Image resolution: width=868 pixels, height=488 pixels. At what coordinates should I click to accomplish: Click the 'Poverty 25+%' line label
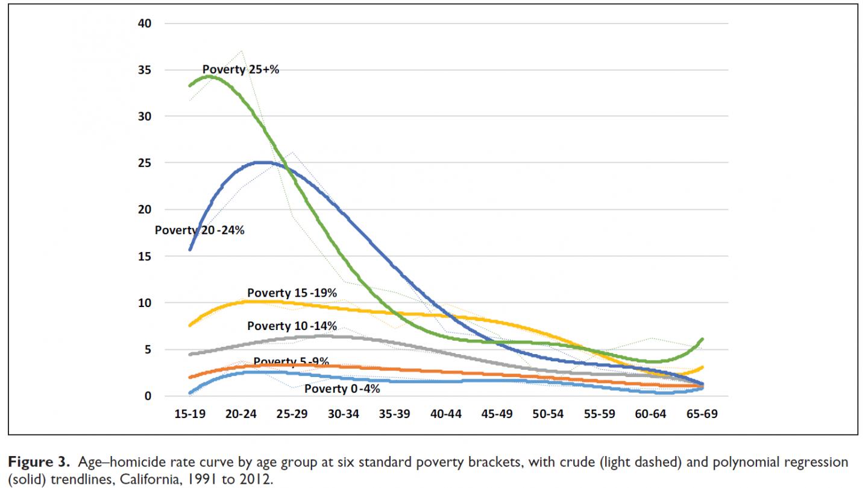tap(241, 69)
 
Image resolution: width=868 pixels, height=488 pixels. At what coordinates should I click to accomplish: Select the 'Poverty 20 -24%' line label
tap(200, 230)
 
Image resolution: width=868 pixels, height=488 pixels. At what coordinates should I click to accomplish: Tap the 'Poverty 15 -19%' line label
tap(292, 293)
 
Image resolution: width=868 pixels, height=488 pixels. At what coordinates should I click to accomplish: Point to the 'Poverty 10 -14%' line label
tap(292, 326)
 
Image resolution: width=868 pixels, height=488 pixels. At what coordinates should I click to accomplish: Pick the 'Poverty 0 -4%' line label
tap(342, 388)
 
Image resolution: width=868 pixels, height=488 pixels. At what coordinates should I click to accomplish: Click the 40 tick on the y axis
tap(146, 24)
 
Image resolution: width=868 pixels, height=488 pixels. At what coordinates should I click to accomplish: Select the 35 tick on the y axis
tap(146, 70)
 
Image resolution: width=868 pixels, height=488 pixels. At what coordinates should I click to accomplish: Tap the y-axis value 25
tap(146, 163)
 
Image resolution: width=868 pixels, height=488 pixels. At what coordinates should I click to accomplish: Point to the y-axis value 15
tap(146, 256)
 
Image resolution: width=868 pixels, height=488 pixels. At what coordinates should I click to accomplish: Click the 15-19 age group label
tap(189, 415)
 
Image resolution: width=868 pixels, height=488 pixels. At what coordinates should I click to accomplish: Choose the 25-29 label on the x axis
tap(292, 415)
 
